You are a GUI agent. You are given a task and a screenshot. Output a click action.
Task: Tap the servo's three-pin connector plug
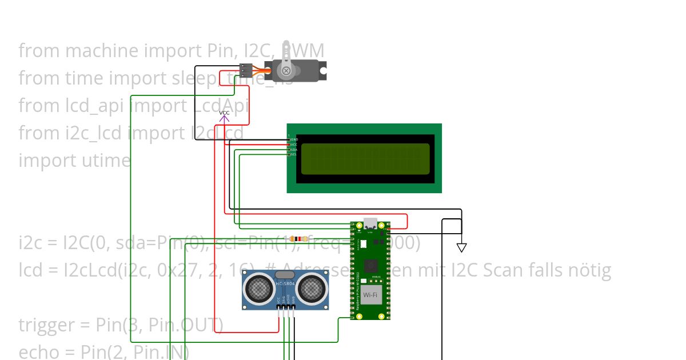click(246, 70)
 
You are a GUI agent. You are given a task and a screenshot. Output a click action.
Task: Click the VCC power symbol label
click(224, 113)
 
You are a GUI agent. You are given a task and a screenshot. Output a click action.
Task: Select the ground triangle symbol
click(461, 247)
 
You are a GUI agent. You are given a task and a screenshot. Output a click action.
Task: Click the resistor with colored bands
click(299, 238)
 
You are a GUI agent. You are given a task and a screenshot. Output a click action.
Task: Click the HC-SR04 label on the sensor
click(285, 283)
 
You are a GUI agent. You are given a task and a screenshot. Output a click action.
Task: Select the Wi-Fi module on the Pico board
click(370, 295)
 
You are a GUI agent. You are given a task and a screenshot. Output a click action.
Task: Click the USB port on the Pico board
click(370, 223)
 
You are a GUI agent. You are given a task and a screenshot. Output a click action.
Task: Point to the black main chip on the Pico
click(370, 266)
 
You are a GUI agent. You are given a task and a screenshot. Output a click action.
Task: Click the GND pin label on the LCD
click(294, 139)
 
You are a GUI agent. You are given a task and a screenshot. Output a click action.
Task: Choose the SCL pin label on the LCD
click(294, 154)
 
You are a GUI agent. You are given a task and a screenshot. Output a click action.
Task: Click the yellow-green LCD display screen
click(365, 159)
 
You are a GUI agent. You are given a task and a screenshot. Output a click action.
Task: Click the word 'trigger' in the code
click(46, 325)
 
